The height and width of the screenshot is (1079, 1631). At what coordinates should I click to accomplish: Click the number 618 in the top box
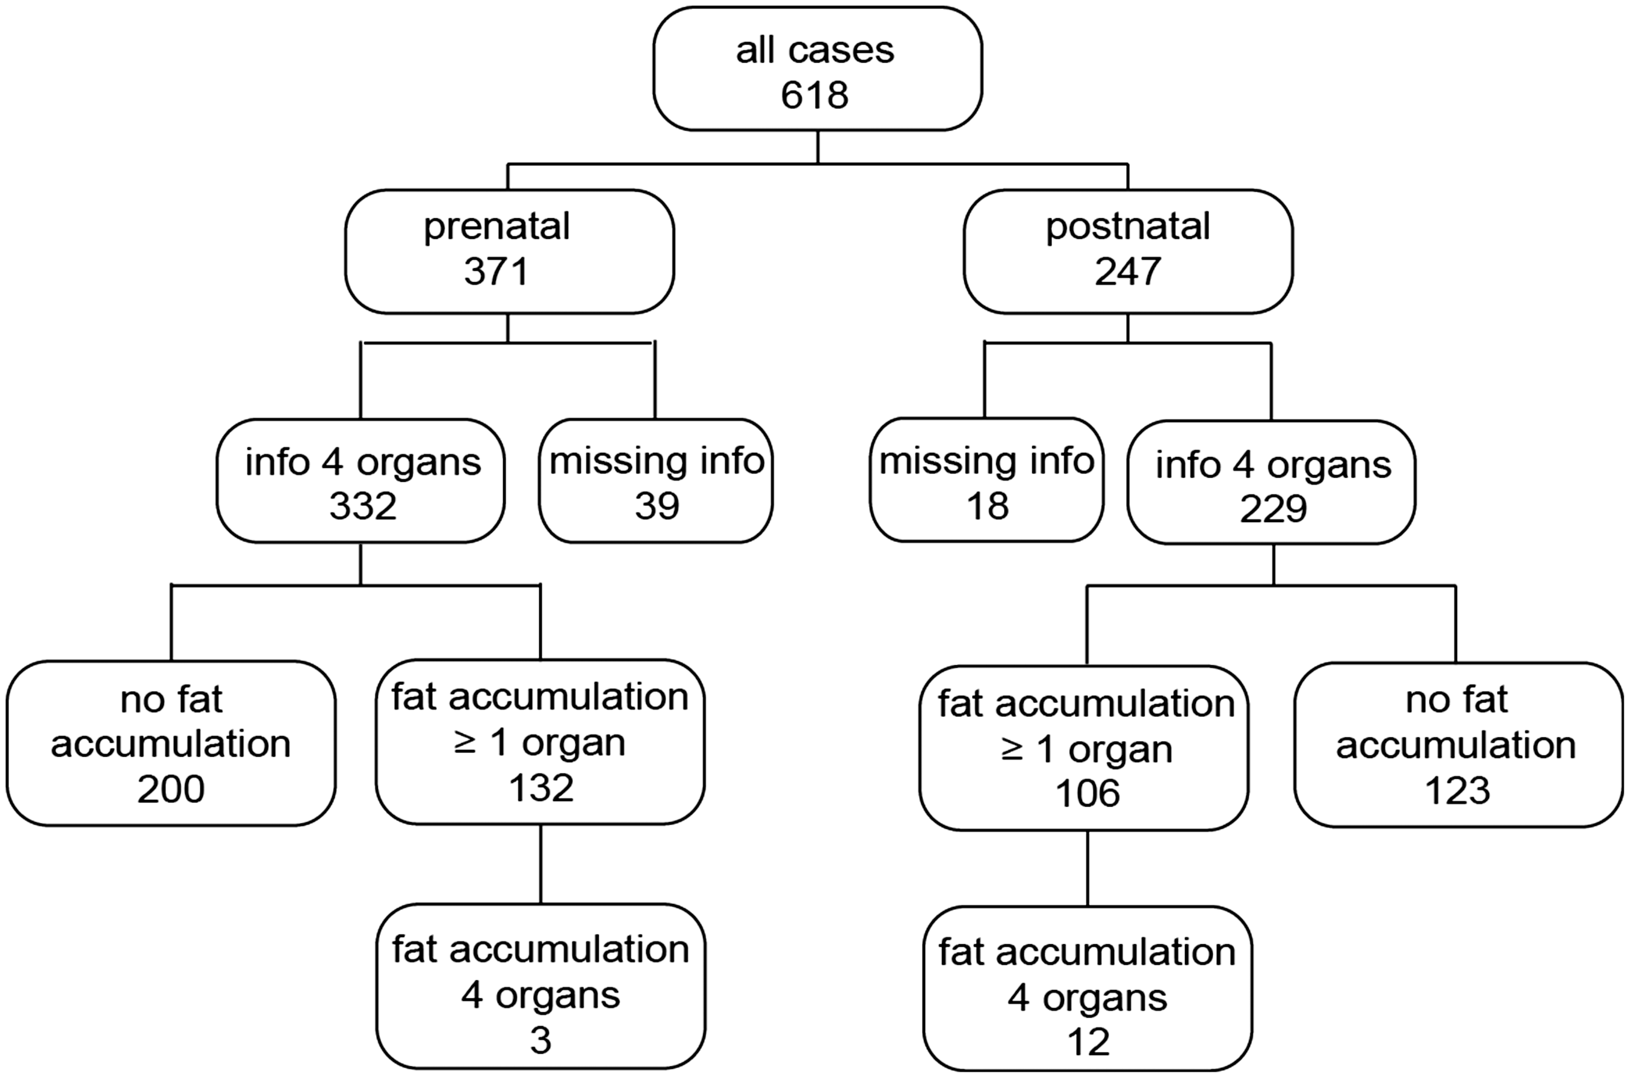pyautogui.click(x=814, y=94)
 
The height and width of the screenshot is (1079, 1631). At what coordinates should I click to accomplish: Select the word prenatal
pyautogui.click(x=497, y=227)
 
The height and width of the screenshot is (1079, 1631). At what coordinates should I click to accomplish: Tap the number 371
pyautogui.click(x=497, y=271)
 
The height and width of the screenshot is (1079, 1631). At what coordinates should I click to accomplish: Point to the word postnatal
pyautogui.click(x=1128, y=227)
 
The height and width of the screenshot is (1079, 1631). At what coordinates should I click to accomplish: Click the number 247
pyautogui.click(x=1128, y=271)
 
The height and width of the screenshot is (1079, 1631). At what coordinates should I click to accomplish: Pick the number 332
pyautogui.click(x=363, y=506)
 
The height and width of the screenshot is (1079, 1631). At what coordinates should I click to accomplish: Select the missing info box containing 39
pyautogui.click(x=656, y=481)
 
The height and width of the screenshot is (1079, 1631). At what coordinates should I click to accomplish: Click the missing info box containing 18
pyautogui.click(x=986, y=479)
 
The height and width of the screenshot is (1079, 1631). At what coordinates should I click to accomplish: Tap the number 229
pyautogui.click(x=1273, y=509)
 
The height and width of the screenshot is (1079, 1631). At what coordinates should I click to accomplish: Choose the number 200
pyautogui.click(x=171, y=788)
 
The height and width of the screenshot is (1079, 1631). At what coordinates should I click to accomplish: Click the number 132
pyautogui.click(x=541, y=787)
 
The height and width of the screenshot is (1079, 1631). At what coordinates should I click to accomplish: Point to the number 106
pyautogui.click(x=1088, y=793)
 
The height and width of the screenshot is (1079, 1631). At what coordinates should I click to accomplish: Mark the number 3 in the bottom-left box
pyautogui.click(x=540, y=1041)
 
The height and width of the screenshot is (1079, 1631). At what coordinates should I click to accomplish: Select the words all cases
pyautogui.click(x=815, y=51)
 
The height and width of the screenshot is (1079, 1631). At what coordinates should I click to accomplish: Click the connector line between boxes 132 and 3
pyautogui.click(x=540, y=864)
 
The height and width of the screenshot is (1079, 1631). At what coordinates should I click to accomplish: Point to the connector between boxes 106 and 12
pyautogui.click(x=1088, y=868)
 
